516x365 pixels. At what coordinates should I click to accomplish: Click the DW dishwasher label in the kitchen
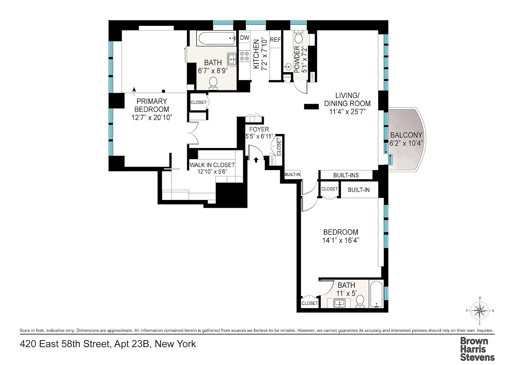click(245, 38)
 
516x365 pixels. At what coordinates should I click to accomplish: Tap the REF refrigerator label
click(275, 40)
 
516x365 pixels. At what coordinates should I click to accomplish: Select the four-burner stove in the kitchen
click(245, 56)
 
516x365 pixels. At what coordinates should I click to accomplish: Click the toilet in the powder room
click(299, 37)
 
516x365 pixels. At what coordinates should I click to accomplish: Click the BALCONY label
click(406, 135)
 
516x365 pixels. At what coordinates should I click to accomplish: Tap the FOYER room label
click(259, 129)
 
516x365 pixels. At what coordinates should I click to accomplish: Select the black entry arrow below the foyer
click(256, 160)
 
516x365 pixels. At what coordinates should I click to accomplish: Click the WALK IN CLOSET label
click(212, 165)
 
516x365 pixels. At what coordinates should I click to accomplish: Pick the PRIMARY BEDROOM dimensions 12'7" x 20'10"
click(152, 117)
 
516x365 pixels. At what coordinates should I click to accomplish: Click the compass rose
click(480, 311)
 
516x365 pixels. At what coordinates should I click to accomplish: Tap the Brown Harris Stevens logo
click(477, 349)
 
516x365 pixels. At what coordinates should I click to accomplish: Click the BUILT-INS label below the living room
click(346, 175)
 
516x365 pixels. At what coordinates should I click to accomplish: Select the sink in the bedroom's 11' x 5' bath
click(340, 303)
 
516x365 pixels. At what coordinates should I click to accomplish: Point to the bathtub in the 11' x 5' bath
click(376, 295)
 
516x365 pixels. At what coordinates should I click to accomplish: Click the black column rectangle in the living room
click(311, 106)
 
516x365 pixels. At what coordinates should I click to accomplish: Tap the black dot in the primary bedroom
click(164, 91)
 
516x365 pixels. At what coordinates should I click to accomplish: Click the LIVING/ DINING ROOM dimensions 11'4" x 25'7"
click(347, 112)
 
